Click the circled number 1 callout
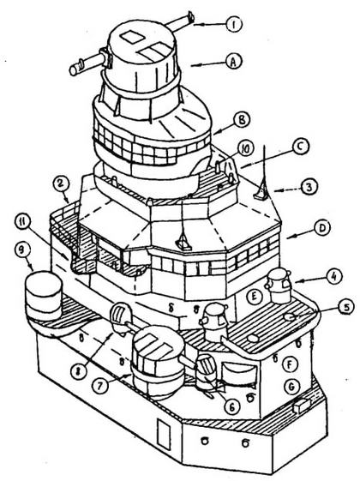coord(234,24)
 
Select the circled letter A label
coord(234,63)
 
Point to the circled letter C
coord(300,147)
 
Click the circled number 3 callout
coord(309,187)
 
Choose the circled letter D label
coord(321,228)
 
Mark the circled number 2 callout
coord(61,185)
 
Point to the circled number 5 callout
coord(346,308)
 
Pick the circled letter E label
coord(255,297)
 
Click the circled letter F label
coord(290,364)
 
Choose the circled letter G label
coord(291,386)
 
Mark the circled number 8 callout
coord(79,373)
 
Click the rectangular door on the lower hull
coord(164,434)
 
